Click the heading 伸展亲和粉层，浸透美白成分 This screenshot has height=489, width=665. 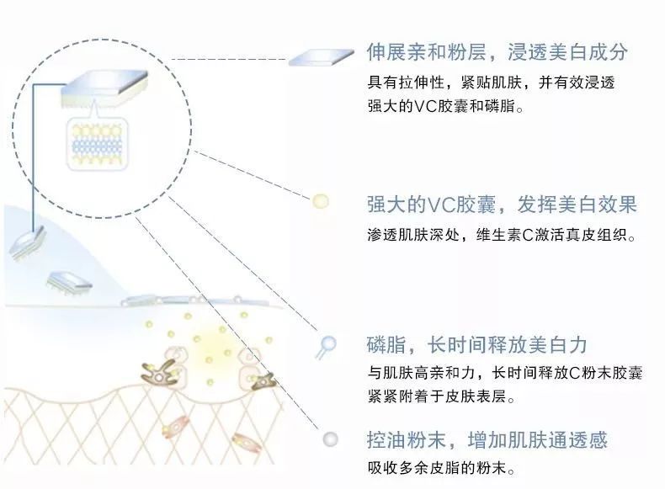pos(497,51)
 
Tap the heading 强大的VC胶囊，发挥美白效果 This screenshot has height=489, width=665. pos(502,205)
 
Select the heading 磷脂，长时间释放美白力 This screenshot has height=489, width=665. pos(476,344)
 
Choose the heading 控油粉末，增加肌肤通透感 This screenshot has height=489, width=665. pos(487,439)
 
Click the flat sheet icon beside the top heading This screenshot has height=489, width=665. pos(321,57)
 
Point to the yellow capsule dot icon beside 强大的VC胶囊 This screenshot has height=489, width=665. pos(320,201)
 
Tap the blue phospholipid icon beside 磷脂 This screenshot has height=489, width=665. pos(326,347)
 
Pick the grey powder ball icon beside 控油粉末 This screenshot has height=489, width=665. pos(330,439)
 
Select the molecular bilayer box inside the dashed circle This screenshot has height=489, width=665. pos(97,145)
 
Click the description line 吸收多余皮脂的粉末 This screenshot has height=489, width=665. pos(441,468)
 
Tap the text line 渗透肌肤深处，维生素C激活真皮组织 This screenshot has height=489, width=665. pos(502,235)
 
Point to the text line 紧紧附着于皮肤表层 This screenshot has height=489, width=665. pos(441,396)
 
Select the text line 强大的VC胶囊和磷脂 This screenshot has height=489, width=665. pos(445,105)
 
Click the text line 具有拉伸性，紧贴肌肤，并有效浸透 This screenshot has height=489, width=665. pos(491,82)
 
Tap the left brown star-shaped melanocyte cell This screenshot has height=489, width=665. pos(159,373)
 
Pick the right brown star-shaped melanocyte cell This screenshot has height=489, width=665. pos(263,380)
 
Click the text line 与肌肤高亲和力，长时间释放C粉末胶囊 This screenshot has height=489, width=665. pos(505,372)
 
